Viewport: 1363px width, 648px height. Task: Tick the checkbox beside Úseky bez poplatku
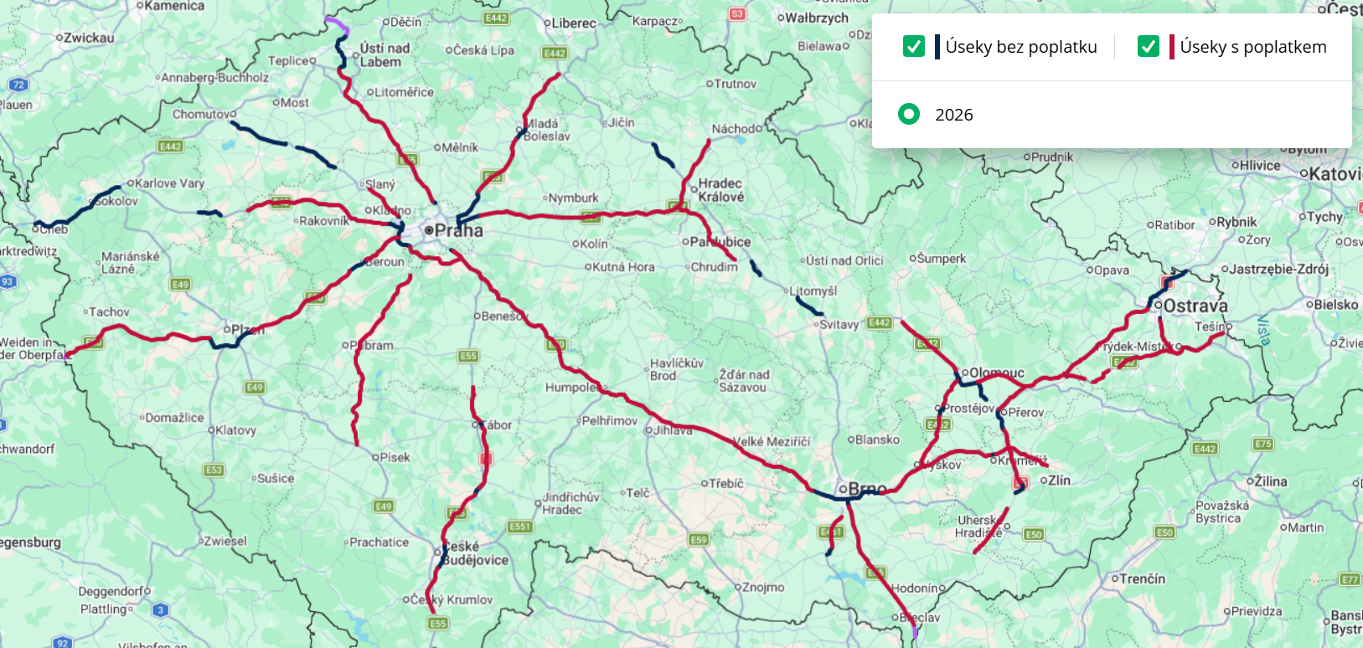tap(914, 46)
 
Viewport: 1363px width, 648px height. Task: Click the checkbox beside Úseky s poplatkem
tap(1149, 46)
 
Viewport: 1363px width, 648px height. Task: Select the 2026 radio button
tap(909, 114)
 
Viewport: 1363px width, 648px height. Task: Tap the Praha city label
tap(458, 230)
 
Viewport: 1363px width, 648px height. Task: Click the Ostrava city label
tap(1195, 306)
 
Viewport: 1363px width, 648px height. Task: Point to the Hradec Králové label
tap(720, 190)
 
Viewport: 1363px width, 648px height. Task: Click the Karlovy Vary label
tap(169, 183)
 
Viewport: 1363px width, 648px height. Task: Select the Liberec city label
tap(574, 23)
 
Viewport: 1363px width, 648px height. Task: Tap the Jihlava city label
tap(673, 430)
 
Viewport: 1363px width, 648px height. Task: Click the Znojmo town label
tap(763, 587)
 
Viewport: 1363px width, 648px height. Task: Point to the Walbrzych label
tap(817, 18)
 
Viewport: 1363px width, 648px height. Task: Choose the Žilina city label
tap(1270, 481)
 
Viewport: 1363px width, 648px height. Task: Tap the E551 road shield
tap(520, 527)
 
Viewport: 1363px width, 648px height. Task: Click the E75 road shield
tap(1263, 444)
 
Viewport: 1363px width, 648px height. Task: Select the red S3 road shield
tap(737, 14)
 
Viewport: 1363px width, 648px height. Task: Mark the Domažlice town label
tap(174, 417)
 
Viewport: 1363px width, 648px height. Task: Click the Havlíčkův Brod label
tap(676, 369)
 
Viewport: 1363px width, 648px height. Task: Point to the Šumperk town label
tap(941, 259)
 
